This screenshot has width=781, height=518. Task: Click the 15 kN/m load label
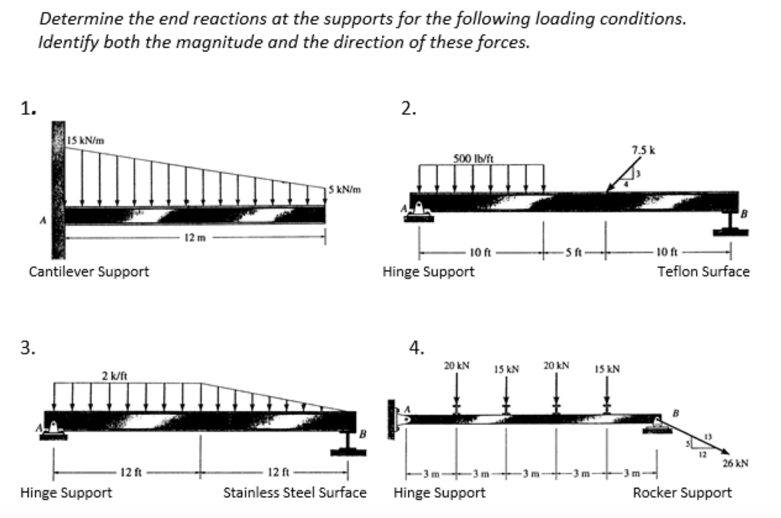[x=85, y=140]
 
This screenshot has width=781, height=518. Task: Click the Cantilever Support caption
[x=88, y=271]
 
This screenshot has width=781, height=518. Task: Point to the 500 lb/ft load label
[x=473, y=158]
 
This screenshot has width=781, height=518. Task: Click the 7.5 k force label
[x=641, y=147]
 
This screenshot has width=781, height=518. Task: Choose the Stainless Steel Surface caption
[x=294, y=492]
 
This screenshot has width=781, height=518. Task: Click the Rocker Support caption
[x=682, y=492]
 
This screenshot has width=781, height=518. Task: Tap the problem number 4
[x=416, y=349]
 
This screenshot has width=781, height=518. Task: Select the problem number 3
[x=27, y=349]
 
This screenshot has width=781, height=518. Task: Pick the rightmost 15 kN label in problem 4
[x=607, y=369]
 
